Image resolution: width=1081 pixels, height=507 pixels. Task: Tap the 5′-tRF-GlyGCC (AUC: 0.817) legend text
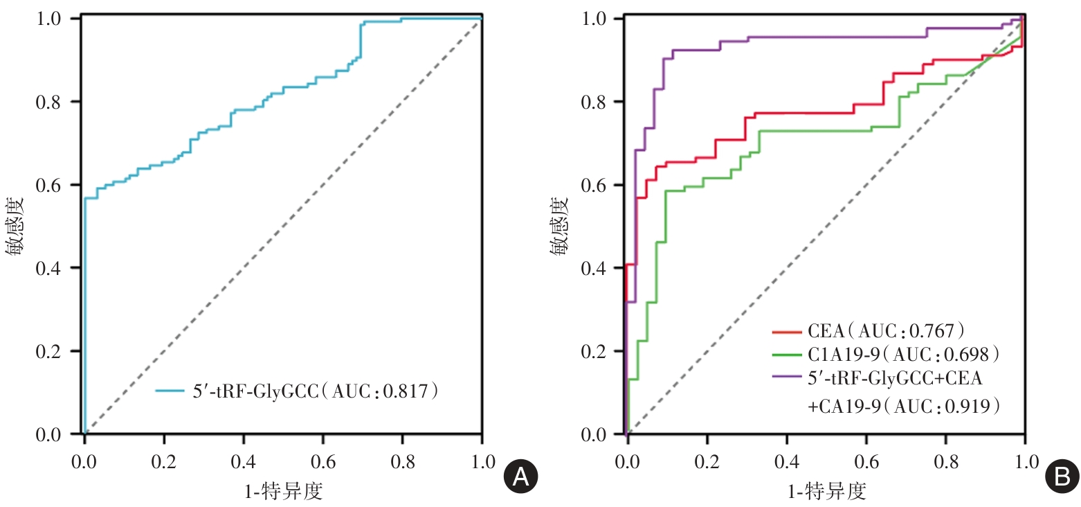point(316,392)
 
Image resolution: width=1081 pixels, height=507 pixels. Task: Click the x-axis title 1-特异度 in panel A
point(282,491)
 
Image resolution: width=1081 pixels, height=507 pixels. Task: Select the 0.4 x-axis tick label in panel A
point(243,461)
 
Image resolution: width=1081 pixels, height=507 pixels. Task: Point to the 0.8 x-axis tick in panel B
point(945,461)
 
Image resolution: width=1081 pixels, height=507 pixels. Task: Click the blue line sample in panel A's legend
point(171,392)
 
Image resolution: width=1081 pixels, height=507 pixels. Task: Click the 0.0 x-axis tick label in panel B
point(627,461)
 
